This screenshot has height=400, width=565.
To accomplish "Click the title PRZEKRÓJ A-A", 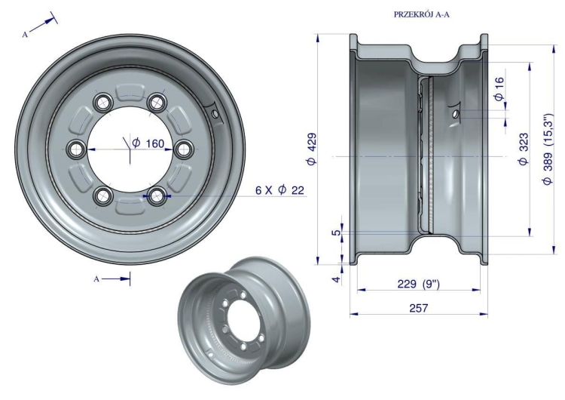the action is [x=422, y=14].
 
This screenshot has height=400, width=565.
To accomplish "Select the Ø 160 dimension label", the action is [x=148, y=143].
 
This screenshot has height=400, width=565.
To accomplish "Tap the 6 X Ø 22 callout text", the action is [x=279, y=190].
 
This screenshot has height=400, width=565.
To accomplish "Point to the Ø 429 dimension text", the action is [x=312, y=149].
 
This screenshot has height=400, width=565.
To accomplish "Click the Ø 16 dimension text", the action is [x=499, y=89].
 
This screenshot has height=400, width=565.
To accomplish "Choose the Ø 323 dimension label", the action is [x=524, y=149].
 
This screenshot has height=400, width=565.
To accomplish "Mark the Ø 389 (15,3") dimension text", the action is [x=548, y=149].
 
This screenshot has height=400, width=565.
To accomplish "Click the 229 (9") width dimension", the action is [x=419, y=284].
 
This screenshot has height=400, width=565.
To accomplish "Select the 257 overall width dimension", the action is [x=419, y=308].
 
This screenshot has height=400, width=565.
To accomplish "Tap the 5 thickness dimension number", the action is [x=336, y=233].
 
